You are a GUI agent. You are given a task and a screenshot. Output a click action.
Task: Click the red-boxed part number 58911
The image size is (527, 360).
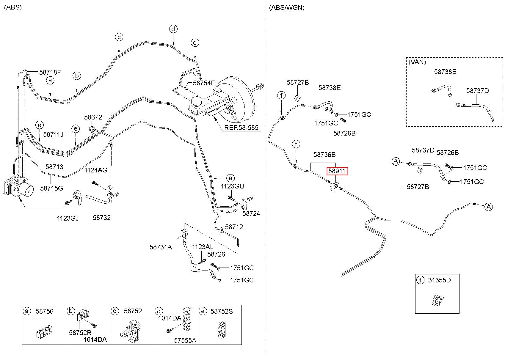pos(337,171)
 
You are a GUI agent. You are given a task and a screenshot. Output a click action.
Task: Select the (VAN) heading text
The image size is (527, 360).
pos(417,62)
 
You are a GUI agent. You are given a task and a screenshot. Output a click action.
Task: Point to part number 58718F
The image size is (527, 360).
pos(50,72)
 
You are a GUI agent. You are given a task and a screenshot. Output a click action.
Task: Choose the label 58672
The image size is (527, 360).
pos(93,117)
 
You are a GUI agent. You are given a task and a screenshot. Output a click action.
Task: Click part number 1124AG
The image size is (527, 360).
pos(96,170)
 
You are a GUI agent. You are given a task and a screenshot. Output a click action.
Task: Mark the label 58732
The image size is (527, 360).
pos(101,218)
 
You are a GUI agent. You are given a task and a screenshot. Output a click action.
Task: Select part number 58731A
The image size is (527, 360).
pos(161,247)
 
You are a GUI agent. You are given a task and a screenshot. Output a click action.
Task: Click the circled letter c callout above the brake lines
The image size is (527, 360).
pos(119,37)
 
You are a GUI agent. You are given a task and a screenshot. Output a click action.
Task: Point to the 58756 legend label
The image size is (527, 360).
pos(45,311)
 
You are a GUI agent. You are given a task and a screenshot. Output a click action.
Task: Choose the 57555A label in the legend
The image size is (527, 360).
pos(185,340)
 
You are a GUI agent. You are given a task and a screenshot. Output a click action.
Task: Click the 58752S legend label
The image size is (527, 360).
pos(222,311)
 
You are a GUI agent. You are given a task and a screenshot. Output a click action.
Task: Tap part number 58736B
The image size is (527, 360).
pos(324,155)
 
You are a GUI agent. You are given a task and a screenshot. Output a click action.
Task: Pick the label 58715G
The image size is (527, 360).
pos(52,188)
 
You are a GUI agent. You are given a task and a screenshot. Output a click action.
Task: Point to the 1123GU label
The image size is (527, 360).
pos(232,186)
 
